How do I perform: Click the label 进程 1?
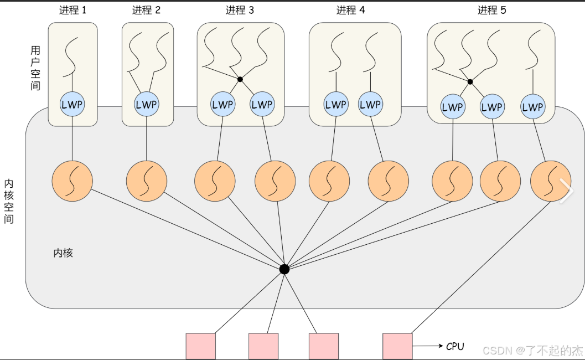pos(73,10)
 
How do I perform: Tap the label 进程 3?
pos(240,10)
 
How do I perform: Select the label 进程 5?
pos(491,10)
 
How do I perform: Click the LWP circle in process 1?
pos(73,104)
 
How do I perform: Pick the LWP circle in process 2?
pos(147,104)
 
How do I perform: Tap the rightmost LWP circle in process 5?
pos(532,107)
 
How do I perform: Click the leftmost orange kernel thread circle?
pos(72,181)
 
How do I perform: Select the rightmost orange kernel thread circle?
pos(550,181)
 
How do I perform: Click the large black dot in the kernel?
pos(284,269)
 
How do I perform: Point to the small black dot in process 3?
pos(240,80)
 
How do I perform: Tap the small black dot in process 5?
pos(470,82)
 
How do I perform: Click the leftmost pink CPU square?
pos(200,347)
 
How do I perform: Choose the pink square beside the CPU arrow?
pos(397,347)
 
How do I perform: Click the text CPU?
pos(455,347)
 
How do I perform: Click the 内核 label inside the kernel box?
pos(63,253)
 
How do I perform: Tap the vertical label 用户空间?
pos(35,68)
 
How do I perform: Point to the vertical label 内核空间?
pos(9,200)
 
